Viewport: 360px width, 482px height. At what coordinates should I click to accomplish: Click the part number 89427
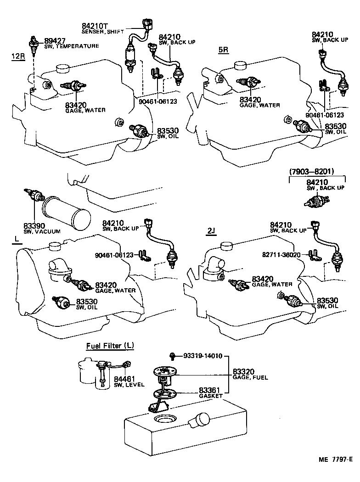tap(55, 40)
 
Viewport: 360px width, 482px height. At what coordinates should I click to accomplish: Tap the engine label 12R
tap(18, 56)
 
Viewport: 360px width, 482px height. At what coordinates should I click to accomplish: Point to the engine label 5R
tap(223, 50)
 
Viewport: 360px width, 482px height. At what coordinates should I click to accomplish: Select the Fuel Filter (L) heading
tap(110, 345)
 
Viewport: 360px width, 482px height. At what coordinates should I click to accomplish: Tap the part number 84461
tap(124, 379)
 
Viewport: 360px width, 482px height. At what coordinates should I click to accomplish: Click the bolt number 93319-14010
tap(202, 356)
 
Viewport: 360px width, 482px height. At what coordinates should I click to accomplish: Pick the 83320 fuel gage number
tap(243, 371)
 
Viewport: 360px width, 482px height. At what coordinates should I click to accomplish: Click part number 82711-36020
tap(281, 255)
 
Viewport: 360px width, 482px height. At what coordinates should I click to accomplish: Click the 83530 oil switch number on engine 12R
tap(168, 130)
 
